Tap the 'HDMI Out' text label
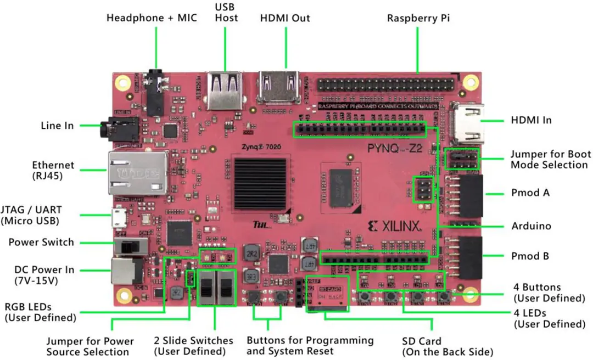pyautogui.click(x=285, y=18)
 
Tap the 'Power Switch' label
pyautogui.click(x=41, y=242)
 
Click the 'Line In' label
pyautogui.click(x=57, y=126)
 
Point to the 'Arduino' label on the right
pyautogui.click(x=531, y=226)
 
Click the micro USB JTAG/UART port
pyautogui.click(x=118, y=218)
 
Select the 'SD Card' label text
pyautogui.click(x=422, y=341)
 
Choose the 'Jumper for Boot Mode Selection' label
pyautogui.click(x=549, y=159)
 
